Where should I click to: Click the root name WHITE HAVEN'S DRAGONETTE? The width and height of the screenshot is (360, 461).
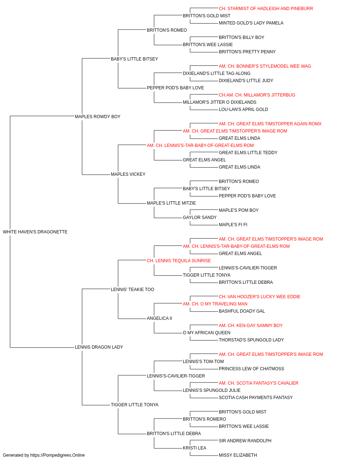35,232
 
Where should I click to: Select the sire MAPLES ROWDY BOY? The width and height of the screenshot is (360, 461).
98,117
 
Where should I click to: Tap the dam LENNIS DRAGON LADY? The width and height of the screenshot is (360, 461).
99,347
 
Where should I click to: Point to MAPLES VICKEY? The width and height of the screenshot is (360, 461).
128,174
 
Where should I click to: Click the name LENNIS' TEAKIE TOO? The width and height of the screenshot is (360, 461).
132,290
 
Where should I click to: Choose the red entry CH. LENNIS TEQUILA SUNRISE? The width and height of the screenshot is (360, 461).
179,261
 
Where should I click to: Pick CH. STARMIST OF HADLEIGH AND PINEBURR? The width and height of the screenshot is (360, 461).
266,9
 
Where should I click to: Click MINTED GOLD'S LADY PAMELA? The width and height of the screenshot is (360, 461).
251,23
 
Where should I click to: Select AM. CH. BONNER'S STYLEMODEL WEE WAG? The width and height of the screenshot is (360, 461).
265,66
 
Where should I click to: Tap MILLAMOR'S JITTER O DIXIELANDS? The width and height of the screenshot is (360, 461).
220,102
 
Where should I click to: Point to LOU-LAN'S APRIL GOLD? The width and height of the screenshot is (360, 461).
243,109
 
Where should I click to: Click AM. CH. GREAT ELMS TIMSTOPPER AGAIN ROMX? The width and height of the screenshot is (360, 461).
270,124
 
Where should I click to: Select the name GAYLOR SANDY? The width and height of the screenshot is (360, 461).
200,218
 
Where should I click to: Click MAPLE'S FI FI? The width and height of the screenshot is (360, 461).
233,225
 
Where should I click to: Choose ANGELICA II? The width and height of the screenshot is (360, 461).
159,318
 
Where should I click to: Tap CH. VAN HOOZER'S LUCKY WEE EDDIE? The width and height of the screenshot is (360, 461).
260,297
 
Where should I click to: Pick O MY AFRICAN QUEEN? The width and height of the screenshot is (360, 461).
207,333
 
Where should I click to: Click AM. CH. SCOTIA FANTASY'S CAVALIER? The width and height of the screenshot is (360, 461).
258,383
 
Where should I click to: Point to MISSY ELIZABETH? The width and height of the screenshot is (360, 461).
238,455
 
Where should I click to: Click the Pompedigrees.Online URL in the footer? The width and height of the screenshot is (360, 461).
57,455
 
